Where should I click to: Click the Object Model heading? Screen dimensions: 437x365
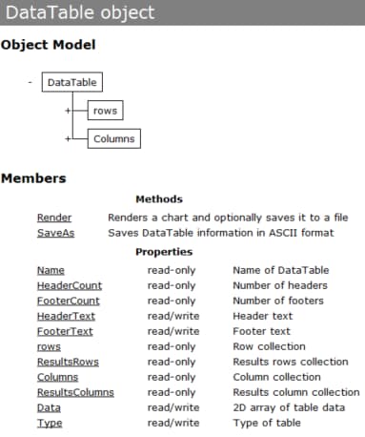(48, 45)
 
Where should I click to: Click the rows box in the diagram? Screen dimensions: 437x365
(105, 112)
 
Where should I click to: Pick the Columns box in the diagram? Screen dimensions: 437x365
(113, 139)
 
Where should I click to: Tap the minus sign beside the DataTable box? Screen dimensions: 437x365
(30, 82)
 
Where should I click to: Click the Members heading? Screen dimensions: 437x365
(33, 178)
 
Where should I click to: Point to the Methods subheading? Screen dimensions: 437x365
(159, 199)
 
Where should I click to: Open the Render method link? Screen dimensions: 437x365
(54, 218)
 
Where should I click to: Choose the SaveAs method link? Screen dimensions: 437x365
(54, 233)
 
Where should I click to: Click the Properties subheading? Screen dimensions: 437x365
(164, 252)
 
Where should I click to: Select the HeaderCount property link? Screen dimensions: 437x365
(70, 285)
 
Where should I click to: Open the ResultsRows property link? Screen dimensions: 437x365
(68, 362)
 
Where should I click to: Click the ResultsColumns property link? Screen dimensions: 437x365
(75, 392)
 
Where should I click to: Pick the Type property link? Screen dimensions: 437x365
(50, 423)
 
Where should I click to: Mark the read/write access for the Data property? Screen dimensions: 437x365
(172, 407)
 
